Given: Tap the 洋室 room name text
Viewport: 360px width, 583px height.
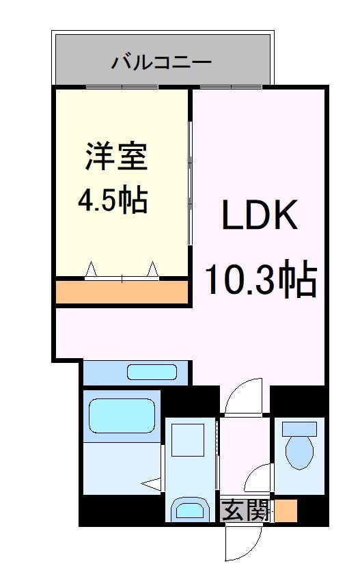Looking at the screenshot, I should (x=116, y=157).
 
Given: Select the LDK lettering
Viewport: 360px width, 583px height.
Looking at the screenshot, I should (x=259, y=218).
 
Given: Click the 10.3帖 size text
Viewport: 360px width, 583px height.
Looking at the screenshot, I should (x=261, y=280).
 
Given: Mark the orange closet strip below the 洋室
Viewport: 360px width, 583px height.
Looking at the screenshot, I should (x=122, y=292).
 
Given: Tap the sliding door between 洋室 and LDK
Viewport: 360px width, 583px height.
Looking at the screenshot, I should (x=190, y=174).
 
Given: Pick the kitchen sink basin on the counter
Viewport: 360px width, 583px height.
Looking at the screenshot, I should (x=152, y=372).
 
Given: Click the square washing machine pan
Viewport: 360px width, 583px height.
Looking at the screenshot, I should (x=187, y=439).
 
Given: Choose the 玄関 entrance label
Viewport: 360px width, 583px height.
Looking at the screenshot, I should (x=245, y=510).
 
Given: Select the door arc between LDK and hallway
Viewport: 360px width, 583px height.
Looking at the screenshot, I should (x=243, y=397).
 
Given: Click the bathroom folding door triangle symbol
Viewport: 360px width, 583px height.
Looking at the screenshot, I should (x=152, y=484).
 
